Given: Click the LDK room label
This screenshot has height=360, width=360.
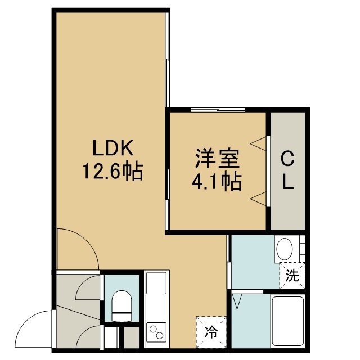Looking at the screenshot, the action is pos(112,147).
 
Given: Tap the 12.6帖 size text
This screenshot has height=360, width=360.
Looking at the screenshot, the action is pos(112,172).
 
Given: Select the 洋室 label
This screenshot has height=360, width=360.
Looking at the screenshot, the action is pos(217,159).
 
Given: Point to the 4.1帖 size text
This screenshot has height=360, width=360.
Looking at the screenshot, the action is pos(217,182).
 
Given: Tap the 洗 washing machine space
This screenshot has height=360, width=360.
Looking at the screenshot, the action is pos(292,276).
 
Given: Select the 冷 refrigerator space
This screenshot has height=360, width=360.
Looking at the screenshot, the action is pos(211,331).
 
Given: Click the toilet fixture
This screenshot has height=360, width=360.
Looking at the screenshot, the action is pos(121,306).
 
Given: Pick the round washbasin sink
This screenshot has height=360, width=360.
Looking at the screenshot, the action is pos(285,249).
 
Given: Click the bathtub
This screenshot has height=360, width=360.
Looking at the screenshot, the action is pos(288,321).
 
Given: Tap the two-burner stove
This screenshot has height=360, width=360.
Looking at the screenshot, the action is pos(156,332).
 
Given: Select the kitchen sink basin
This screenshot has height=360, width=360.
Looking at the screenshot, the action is pos(156,283).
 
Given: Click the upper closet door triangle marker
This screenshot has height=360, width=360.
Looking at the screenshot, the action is pos(258,144).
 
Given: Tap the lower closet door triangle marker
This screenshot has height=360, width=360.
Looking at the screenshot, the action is pos(258,199).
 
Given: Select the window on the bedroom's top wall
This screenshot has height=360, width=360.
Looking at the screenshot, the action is pos(218,110).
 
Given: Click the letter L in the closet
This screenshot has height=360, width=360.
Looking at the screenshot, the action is pos(288,182).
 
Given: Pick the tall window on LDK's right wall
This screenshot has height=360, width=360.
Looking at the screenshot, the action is pos(168,60).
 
